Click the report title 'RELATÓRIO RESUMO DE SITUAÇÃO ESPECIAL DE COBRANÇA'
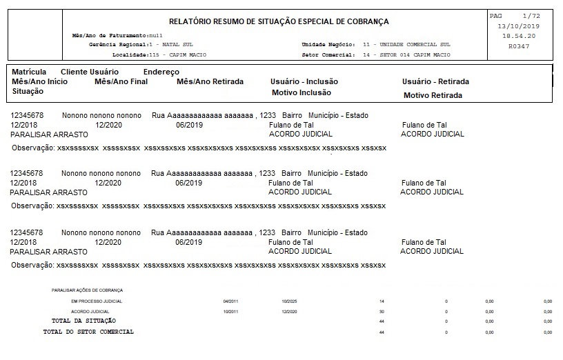279,21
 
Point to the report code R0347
518,46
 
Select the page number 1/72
531,15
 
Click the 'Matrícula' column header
29,72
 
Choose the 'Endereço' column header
161,72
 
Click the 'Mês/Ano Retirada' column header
210,81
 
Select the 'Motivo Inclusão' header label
302,92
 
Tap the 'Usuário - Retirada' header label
435,81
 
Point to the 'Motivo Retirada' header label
433,95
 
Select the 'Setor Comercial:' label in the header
328,54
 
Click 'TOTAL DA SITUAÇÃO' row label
83,321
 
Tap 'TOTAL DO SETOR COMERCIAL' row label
88,332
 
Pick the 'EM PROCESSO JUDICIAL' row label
97,301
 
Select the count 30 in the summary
382,312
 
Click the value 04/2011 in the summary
230,301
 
